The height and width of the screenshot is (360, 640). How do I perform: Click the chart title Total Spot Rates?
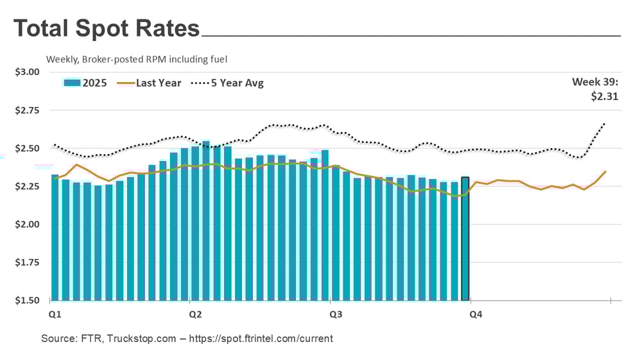107,29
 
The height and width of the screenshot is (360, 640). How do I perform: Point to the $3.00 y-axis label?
27,72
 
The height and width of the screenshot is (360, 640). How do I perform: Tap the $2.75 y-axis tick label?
27,110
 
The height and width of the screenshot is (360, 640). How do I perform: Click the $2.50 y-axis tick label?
27,148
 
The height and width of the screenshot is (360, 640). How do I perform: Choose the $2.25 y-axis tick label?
27,187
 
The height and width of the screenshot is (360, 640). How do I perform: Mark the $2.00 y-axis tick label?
27,225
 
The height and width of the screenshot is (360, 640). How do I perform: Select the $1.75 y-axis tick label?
27,262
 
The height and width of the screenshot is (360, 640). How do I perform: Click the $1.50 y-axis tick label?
27,300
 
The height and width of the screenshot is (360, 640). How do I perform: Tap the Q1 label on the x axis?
55,314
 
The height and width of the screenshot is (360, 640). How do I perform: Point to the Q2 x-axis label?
195,314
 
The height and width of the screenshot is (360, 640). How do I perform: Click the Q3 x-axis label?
335,314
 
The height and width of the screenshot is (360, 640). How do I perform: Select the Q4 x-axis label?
476,314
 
